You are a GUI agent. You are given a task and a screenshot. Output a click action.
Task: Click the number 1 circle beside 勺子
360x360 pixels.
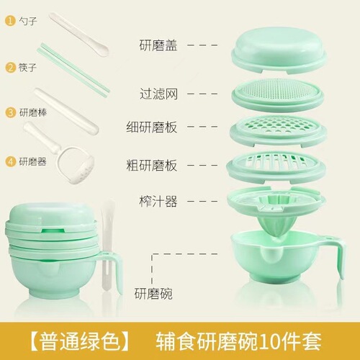[x=10, y=21]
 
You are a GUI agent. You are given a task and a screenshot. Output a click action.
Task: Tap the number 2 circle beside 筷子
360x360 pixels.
[x=10, y=67]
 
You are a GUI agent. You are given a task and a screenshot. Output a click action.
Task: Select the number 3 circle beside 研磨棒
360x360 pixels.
[x=10, y=112]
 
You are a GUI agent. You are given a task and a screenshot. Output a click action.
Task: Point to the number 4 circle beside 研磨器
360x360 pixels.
[x=10, y=161]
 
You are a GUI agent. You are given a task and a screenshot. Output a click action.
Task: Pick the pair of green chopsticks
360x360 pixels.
[x=75, y=70]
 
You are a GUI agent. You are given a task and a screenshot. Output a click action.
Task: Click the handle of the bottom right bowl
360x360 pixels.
[x=337, y=259]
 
